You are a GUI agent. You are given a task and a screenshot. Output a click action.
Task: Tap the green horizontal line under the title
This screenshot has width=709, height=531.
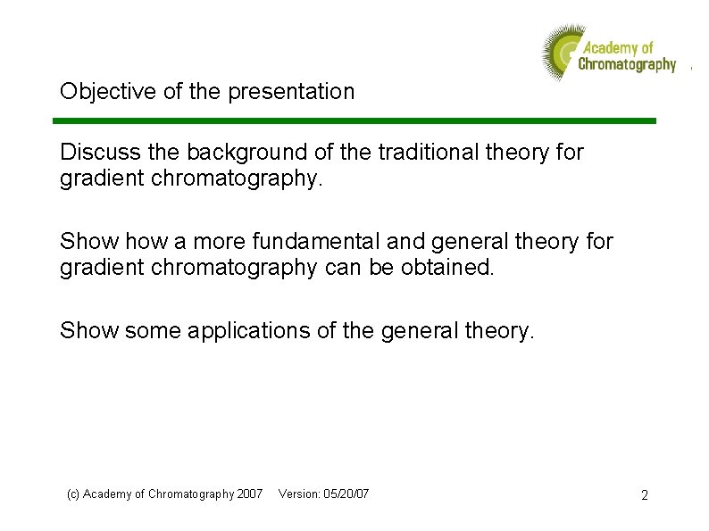[354, 120]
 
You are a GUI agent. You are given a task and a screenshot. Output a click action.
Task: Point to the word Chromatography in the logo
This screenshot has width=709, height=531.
[627, 64]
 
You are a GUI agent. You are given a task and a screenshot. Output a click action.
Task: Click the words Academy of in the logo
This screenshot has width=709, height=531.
[618, 47]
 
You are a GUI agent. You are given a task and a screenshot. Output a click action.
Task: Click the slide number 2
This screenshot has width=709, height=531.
[644, 494]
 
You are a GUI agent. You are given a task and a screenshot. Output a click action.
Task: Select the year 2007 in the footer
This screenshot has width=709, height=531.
[249, 494]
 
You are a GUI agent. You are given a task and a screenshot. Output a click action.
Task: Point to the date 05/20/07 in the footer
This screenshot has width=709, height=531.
[347, 494]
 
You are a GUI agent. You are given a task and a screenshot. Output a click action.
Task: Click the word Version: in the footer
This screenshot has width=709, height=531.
[300, 494]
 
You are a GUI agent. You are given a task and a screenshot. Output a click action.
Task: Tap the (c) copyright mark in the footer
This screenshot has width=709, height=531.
[74, 494]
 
